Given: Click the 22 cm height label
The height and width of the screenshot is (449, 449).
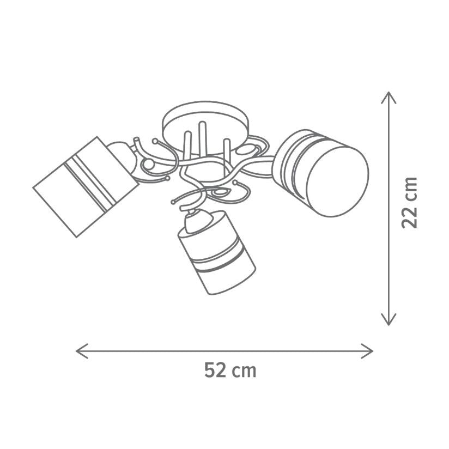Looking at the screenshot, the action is coord(409,203).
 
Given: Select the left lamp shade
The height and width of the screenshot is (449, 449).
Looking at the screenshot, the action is coord(86,187).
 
